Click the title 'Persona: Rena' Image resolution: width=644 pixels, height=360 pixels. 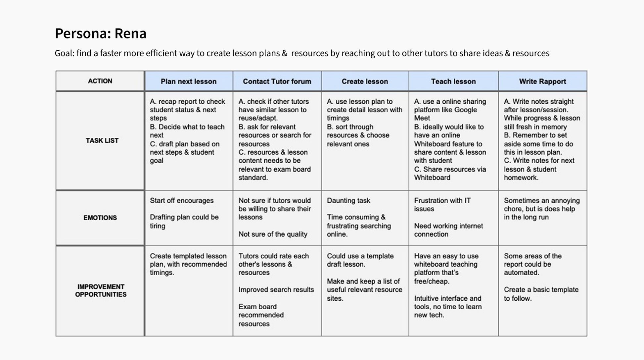(101, 33)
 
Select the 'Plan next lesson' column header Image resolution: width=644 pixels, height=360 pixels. (188, 81)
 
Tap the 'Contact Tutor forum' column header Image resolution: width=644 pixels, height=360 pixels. (277, 81)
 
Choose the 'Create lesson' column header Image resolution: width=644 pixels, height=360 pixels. (365, 81)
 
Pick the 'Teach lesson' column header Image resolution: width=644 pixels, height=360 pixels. (453, 81)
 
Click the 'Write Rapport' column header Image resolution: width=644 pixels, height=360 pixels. (542, 81)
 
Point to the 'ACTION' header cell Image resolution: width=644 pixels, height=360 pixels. (100, 81)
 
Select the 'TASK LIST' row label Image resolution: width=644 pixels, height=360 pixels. (102, 141)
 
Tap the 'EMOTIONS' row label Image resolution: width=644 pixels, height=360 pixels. (100, 218)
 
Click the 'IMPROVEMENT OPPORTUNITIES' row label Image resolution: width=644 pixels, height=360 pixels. (101, 291)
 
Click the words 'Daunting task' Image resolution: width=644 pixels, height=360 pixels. (348, 201)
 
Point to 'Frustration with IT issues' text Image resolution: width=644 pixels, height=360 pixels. (442, 205)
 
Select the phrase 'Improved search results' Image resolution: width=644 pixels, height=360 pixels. (276, 290)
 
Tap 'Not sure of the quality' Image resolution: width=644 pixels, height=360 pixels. (273, 234)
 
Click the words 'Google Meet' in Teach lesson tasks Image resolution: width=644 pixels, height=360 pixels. (445, 114)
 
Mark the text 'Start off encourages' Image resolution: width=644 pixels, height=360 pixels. (182, 201)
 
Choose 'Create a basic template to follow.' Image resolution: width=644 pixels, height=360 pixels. (541, 294)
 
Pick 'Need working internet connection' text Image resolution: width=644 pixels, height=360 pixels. (448, 230)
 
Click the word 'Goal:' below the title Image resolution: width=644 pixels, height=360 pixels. (65, 53)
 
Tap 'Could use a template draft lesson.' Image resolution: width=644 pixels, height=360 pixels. (360, 260)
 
